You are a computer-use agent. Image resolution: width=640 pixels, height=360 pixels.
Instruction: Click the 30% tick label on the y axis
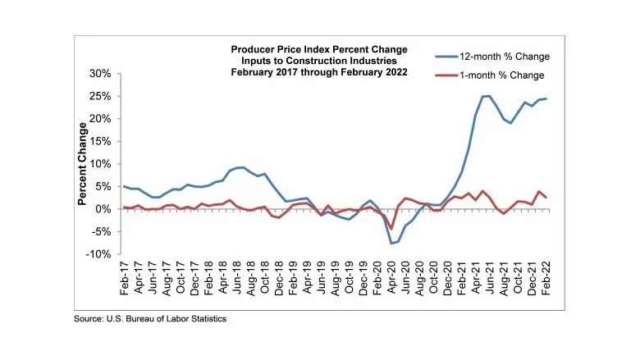point(100,74)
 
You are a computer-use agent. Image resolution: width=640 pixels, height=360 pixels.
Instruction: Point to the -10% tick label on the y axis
point(98,255)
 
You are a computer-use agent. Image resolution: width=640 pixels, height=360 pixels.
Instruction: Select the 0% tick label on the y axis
point(103,210)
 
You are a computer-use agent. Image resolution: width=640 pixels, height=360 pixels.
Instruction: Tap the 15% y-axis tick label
point(100,142)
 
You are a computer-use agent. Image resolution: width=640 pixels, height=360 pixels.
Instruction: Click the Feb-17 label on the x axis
point(125,278)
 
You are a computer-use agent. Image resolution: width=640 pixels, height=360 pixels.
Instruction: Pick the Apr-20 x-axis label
point(392,278)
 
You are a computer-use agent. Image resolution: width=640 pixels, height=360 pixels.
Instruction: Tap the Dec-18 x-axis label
point(279,278)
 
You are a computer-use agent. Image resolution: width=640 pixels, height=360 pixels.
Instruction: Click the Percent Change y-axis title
point(83,164)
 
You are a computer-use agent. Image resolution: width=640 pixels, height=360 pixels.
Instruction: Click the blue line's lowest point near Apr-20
point(391,244)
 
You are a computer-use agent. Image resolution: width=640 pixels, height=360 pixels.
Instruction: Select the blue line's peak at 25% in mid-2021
point(486,96)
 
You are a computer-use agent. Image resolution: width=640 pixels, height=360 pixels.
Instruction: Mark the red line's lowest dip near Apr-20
point(392,229)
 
